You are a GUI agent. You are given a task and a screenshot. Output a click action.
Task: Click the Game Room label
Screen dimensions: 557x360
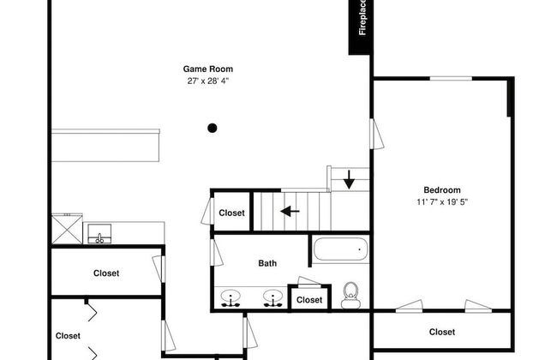pyautogui.click(x=208, y=69)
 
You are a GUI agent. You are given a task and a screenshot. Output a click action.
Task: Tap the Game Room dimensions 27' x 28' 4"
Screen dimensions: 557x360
pyautogui.click(x=208, y=81)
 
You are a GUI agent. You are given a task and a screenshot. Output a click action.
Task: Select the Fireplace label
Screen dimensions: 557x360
pyautogui.click(x=362, y=18)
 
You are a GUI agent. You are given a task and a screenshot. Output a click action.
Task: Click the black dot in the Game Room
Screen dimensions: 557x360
pyautogui.click(x=212, y=128)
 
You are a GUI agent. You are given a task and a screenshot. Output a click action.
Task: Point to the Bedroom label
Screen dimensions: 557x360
pyautogui.click(x=442, y=189)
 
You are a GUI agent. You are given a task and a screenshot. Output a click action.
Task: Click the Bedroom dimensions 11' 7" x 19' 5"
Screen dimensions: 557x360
pyautogui.click(x=442, y=201)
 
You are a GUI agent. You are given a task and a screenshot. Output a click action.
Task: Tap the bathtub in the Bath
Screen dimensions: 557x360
pyautogui.click(x=341, y=249)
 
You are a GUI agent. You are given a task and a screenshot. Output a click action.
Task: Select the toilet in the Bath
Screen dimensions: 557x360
pyautogui.click(x=351, y=296)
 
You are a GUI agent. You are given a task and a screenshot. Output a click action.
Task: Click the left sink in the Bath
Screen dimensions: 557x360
pyautogui.click(x=231, y=298)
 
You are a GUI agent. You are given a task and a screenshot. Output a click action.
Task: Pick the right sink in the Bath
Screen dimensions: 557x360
pyautogui.click(x=273, y=298)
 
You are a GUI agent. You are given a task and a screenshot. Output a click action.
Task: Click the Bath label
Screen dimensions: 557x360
pyautogui.click(x=267, y=263)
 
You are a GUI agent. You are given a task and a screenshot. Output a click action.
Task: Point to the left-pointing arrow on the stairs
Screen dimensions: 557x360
pyautogui.click(x=290, y=212)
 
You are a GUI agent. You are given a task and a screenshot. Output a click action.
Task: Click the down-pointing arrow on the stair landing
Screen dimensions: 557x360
pyautogui.click(x=349, y=180)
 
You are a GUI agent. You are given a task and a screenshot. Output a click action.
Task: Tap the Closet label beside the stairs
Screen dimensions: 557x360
pyautogui.click(x=231, y=213)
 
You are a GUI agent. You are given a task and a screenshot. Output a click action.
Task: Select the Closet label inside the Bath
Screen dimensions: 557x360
pyautogui.click(x=309, y=300)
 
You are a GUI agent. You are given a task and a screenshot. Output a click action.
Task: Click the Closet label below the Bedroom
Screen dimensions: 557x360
pyautogui.click(x=442, y=332)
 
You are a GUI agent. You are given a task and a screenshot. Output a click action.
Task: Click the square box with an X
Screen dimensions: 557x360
pyautogui.click(x=67, y=229)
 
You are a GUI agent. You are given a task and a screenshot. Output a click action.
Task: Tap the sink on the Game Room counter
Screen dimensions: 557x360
pyautogui.click(x=99, y=234)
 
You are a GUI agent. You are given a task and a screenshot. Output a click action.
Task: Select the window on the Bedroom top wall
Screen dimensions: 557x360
pyautogui.click(x=451, y=78)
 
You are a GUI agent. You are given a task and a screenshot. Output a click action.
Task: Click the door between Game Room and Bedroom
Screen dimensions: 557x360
pyautogui.click(x=376, y=134)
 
